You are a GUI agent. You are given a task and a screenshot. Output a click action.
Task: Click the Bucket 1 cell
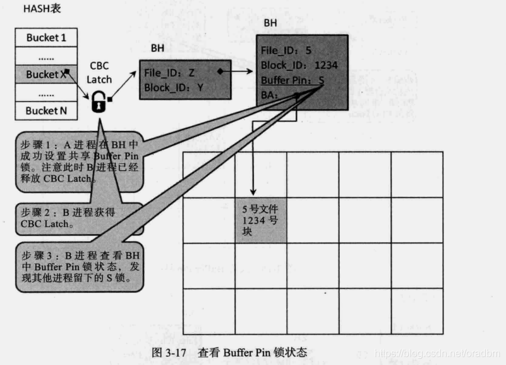[46, 38]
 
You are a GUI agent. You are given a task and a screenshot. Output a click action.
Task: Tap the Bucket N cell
[46, 110]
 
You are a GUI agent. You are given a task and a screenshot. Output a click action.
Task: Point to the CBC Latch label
[99, 72]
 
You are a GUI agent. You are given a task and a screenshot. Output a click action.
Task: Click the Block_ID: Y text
[170, 87]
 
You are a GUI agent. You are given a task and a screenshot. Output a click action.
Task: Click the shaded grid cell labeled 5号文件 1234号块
[260, 219]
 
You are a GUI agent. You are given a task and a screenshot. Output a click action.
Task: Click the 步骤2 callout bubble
[63, 218]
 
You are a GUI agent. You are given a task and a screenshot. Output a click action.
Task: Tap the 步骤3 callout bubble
[79, 266]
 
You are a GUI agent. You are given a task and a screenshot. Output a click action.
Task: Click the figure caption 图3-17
[230, 352]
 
